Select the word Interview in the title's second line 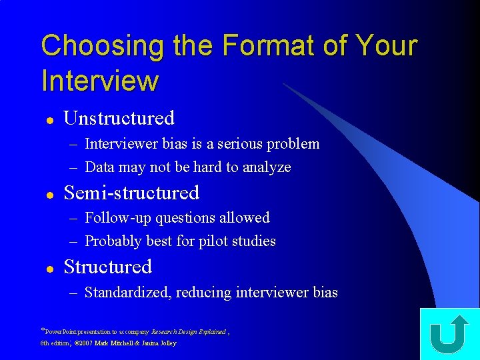point(100,81)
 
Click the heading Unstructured point(119,119)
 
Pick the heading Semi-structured point(131,193)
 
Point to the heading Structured point(107,267)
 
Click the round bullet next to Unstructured point(49,120)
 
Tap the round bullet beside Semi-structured point(49,195)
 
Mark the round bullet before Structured point(49,269)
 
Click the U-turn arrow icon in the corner point(449,335)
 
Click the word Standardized point(128,293)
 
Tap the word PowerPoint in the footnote point(60,331)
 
